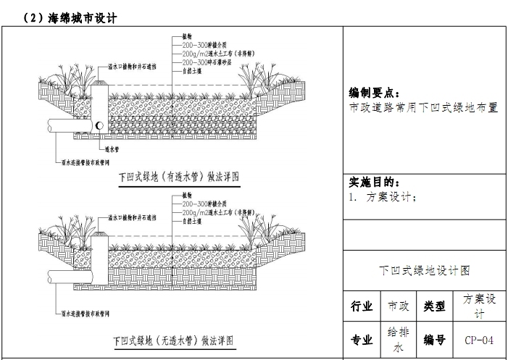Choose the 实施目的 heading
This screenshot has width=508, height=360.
[374, 183]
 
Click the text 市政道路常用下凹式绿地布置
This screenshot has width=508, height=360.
[423, 106]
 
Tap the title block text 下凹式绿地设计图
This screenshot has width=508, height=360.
[425, 271]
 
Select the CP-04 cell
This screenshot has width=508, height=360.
[479, 340]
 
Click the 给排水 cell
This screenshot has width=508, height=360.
[398, 339]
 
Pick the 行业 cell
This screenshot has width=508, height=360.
[362, 306]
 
